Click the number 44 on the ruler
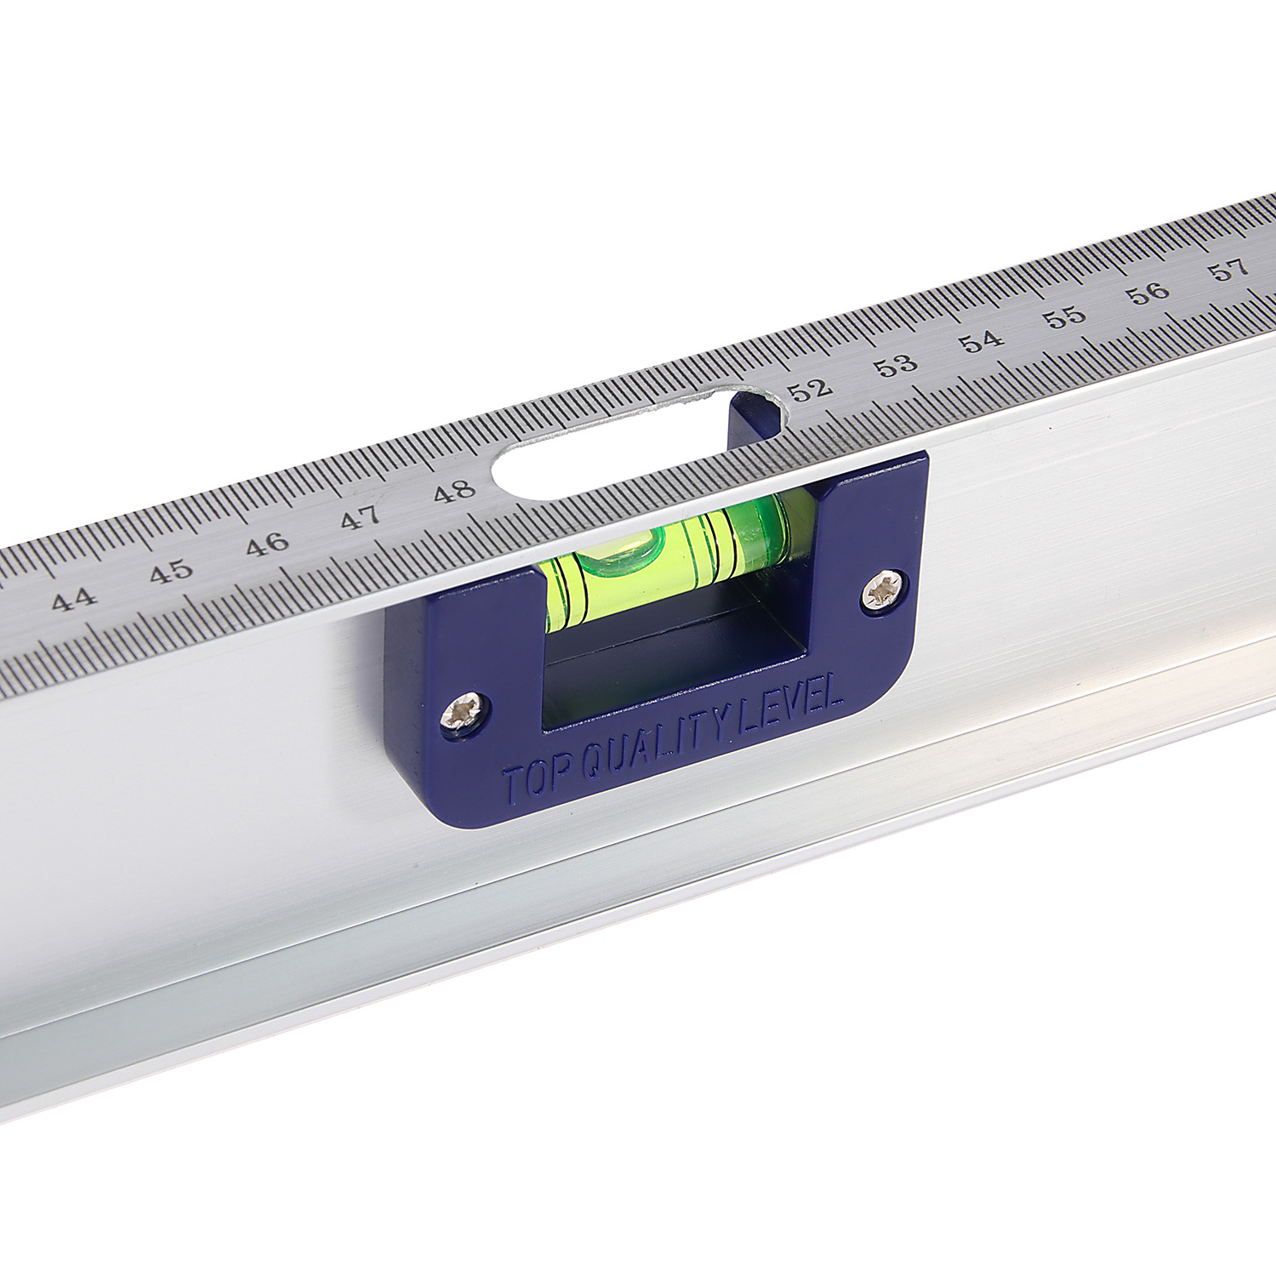point(74,600)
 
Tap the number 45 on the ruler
point(171,571)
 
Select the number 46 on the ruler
point(267,544)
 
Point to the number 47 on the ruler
point(360,516)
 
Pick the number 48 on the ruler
point(453,490)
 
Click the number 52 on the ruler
point(809,390)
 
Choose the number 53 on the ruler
point(896,365)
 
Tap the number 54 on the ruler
point(982,340)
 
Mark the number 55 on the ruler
point(1065,316)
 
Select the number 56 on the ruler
point(1148,293)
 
